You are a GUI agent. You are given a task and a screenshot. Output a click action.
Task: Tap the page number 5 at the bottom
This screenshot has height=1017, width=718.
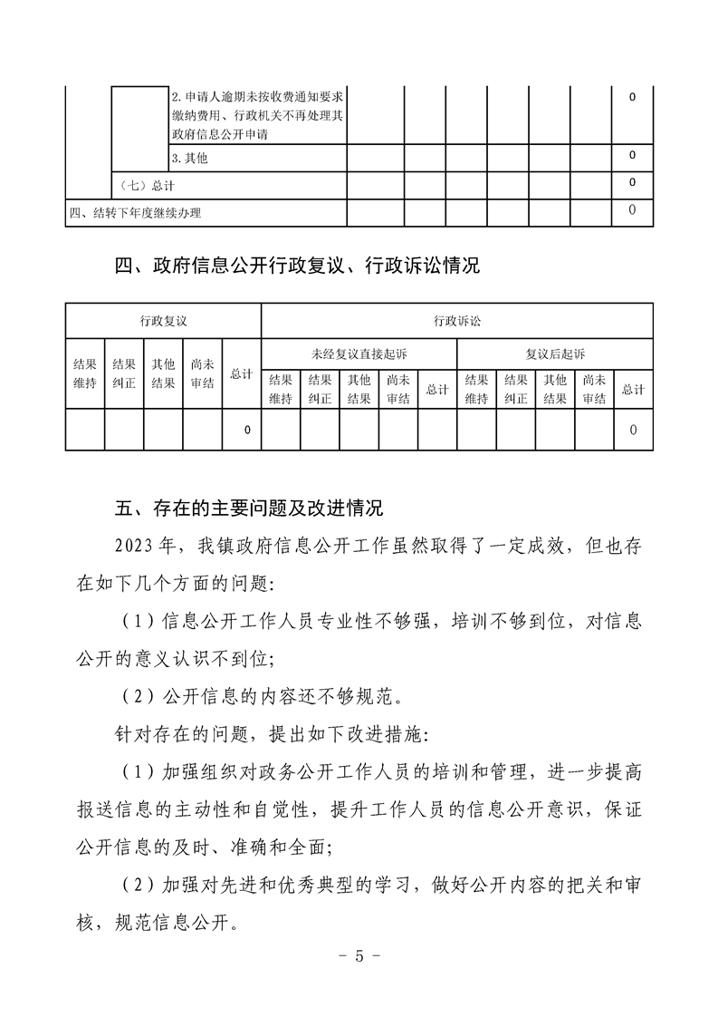359,956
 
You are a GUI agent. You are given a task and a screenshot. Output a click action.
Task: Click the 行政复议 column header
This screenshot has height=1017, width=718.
163,321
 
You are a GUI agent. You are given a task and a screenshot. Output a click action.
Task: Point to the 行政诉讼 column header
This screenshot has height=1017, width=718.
457,321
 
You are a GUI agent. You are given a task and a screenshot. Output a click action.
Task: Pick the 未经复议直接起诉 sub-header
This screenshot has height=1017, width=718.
359,354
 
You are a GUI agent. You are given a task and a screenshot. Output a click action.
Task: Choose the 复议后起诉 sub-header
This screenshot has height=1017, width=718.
555,354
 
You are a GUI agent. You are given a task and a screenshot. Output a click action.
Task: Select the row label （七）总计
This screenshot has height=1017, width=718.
148,186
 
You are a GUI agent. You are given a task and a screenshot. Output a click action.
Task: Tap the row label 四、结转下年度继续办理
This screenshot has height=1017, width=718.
136,213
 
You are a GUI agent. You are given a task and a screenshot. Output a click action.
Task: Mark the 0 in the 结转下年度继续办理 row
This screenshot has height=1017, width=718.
632,211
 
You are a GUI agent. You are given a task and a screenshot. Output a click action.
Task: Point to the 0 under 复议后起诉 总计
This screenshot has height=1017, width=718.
633,430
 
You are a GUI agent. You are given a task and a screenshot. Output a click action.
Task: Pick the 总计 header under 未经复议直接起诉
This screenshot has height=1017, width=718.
437,390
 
